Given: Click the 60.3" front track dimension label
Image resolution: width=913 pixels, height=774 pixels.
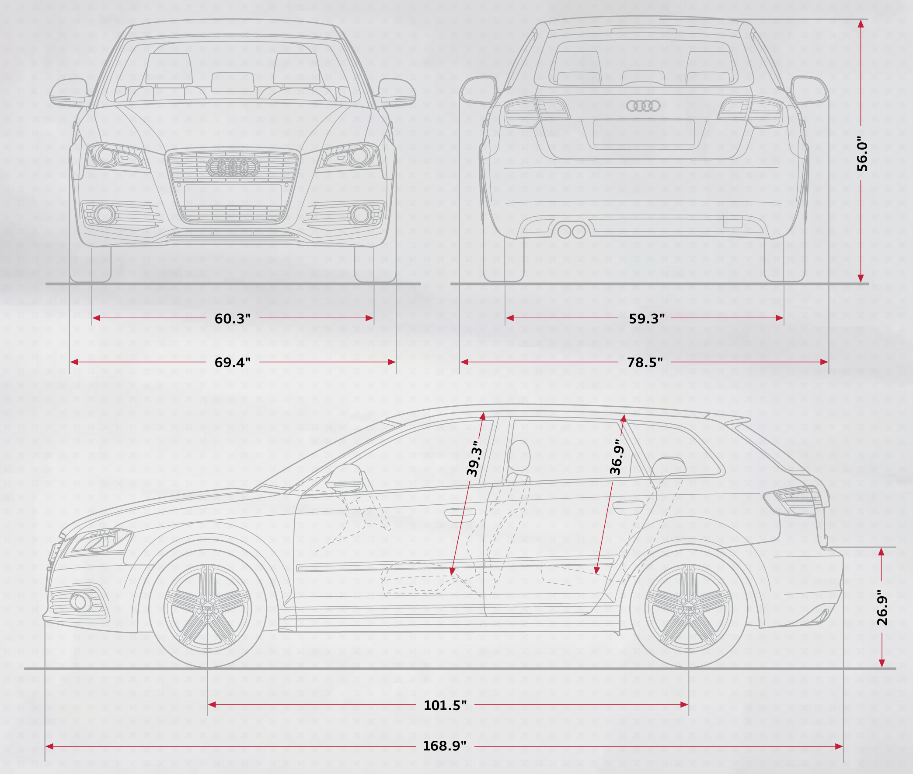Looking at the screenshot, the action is click(232, 319).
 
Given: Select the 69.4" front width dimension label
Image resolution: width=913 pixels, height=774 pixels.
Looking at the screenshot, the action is click(232, 362).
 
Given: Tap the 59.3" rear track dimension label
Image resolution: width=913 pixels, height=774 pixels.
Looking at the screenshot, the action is click(647, 319).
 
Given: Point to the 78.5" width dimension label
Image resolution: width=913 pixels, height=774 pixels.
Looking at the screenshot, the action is click(645, 362).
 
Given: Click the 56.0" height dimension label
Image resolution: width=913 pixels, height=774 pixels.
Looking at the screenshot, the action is click(862, 156).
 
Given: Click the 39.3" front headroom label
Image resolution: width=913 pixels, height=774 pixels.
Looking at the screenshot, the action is click(474, 461).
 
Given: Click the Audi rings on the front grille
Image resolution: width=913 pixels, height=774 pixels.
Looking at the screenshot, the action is click(232, 167).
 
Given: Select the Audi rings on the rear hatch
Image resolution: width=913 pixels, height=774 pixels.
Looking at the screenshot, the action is click(643, 106).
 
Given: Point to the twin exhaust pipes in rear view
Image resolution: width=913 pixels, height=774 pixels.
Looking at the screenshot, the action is click(571, 231).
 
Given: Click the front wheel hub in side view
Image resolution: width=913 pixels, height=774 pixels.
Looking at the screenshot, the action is click(207, 609).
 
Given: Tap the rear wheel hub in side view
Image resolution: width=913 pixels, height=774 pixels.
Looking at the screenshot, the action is click(688, 609).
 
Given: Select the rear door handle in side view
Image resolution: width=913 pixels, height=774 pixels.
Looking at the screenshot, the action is click(627, 507).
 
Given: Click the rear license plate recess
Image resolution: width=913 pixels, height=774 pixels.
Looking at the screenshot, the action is click(644, 132).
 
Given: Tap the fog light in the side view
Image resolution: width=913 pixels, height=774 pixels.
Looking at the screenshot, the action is click(80, 602).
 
